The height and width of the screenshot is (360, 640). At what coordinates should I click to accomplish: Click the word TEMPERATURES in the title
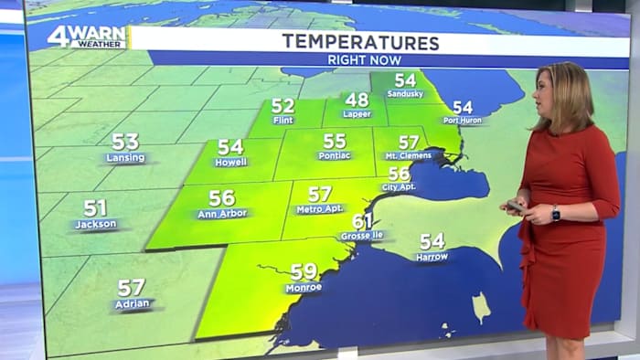pos(360,41)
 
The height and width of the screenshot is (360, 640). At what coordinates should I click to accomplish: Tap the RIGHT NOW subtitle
pos(361,59)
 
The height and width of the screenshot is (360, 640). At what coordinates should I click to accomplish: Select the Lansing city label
pos(124,157)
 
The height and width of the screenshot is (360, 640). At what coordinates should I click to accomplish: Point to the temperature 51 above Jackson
pos(95,207)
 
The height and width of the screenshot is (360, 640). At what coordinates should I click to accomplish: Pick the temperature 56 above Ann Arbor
pos(221,197)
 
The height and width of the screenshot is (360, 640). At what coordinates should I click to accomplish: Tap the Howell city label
pos(230,162)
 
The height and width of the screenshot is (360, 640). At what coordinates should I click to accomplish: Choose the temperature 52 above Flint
pos(283,106)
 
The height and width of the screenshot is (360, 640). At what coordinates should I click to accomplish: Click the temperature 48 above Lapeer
pos(357,100)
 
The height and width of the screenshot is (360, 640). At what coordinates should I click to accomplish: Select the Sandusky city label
pos(404,94)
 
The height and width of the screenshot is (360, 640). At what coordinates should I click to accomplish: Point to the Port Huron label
pos(463,120)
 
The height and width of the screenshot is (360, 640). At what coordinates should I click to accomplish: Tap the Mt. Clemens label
pos(409,157)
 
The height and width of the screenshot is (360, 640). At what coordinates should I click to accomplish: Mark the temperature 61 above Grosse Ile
pos(363,221)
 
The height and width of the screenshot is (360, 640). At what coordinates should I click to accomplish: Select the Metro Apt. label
pos(320,209)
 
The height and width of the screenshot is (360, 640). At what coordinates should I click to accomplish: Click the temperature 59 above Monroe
pos(304,271)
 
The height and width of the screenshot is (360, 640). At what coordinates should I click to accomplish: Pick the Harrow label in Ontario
pos(432,257)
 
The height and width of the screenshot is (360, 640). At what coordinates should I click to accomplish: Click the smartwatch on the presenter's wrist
pos(555,213)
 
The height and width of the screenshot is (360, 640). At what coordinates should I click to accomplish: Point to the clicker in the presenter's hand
pos(516,206)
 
